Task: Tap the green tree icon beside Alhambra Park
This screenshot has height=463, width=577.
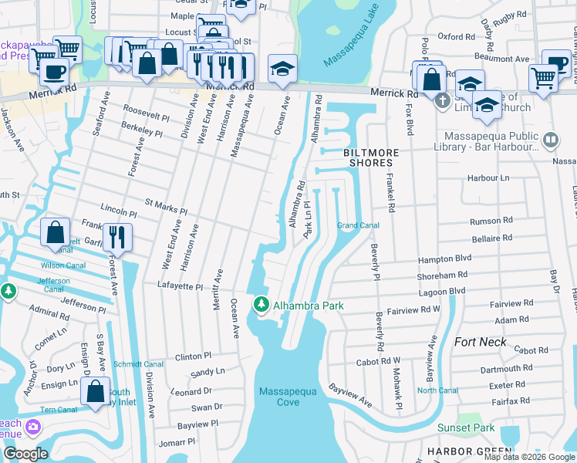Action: [x=262, y=306]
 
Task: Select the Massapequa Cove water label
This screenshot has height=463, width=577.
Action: [x=289, y=397]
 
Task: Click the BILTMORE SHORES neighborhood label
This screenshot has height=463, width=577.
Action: [x=368, y=158]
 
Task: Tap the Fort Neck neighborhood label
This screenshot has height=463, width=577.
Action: [x=481, y=342]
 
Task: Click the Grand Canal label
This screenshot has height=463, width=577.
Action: [x=358, y=225]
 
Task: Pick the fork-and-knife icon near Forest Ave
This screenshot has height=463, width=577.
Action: [x=117, y=235]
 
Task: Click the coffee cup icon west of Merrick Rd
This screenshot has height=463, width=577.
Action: [x=53, y=73]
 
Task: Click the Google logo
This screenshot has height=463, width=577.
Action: [x=25, y=453]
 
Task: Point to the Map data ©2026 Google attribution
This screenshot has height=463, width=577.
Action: [x=529, y=457]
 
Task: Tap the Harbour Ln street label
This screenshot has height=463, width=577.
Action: [x=488, y=178]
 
